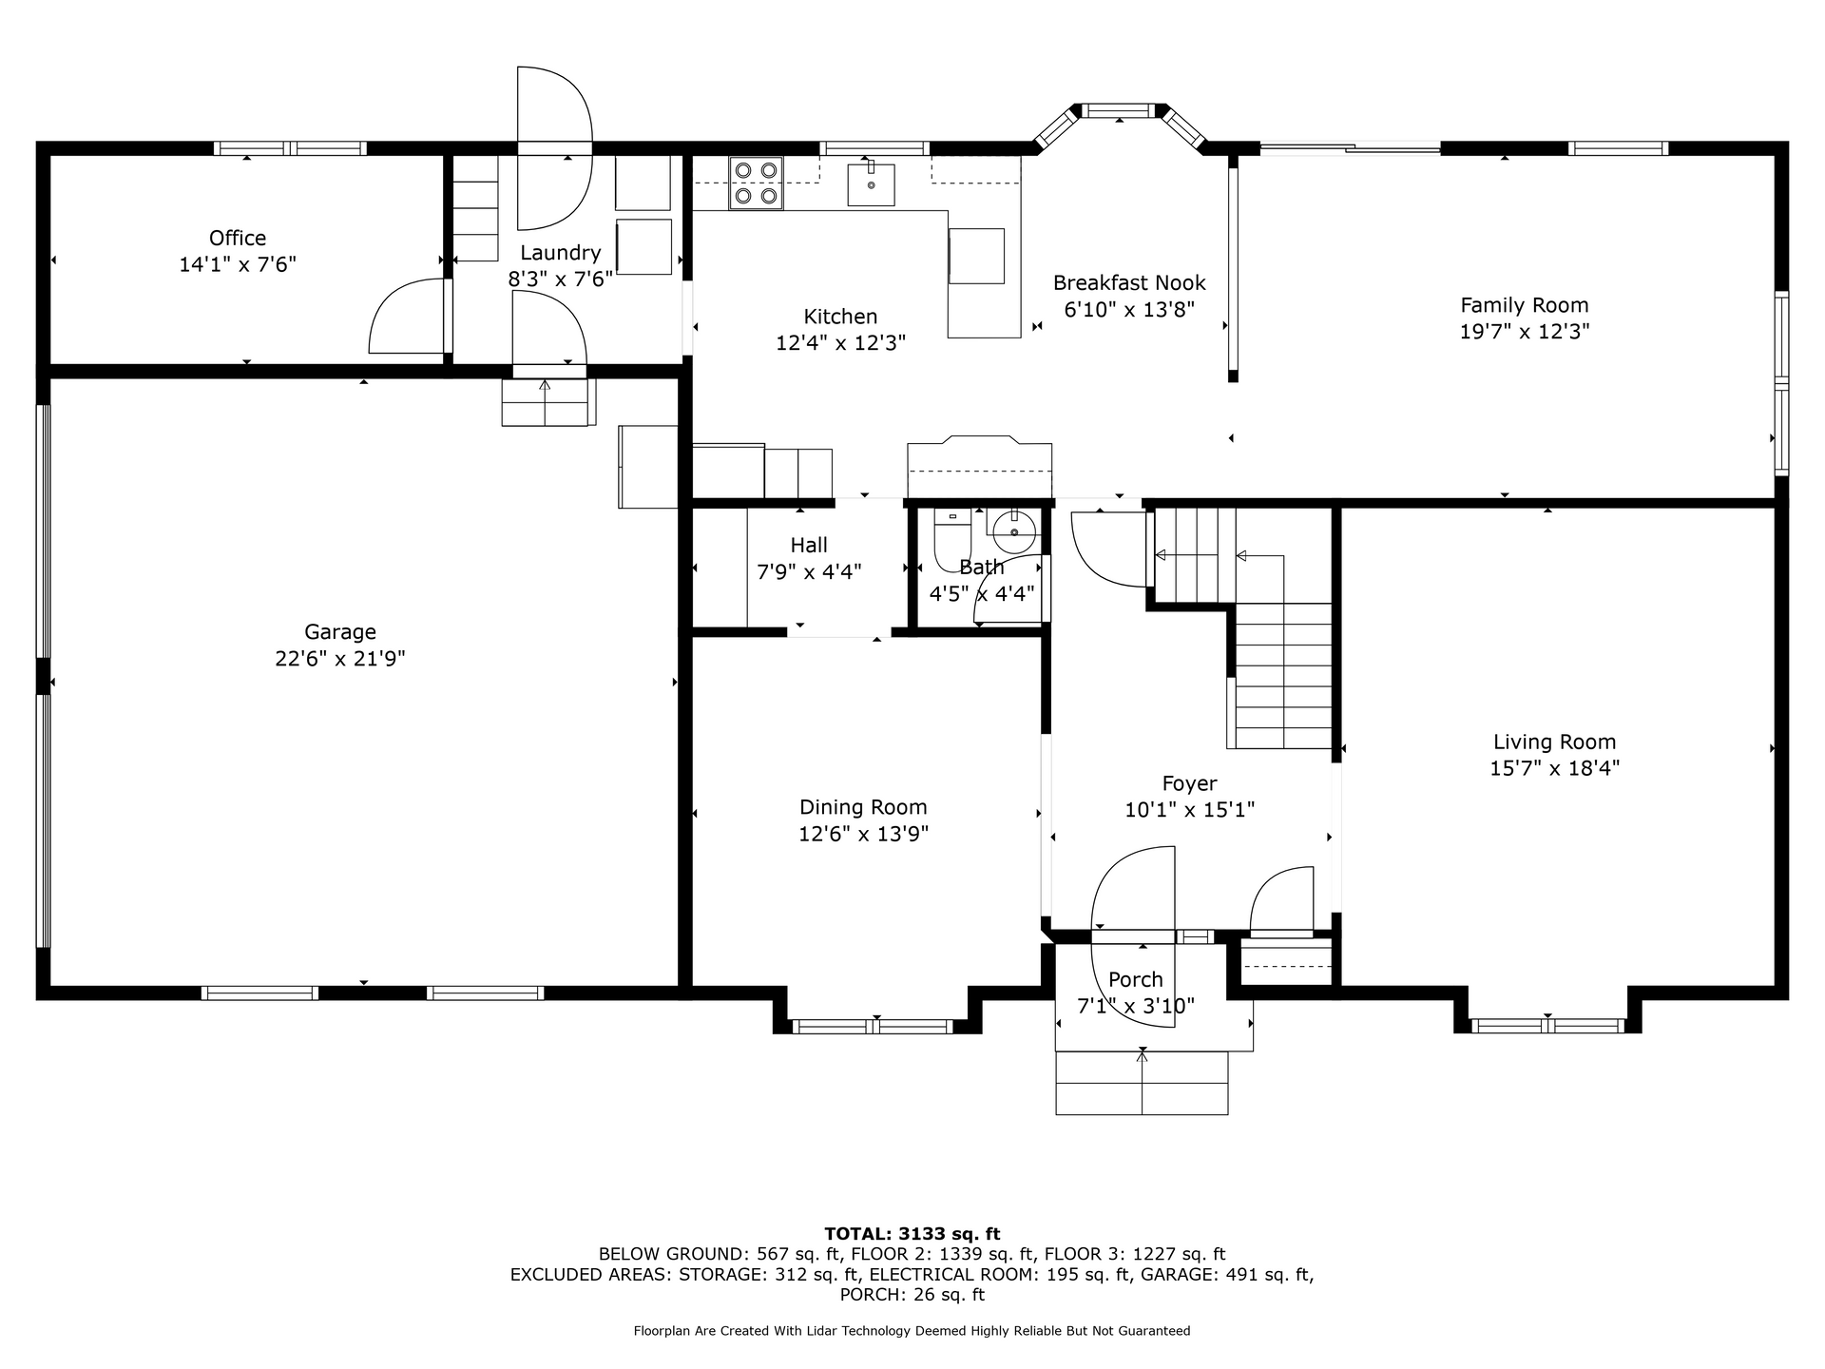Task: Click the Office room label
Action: (238, 238)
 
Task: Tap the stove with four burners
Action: (756, 183)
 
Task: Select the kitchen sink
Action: (871, 183)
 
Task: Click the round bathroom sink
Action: (1014, 530)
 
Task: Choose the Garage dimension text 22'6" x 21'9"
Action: (340, 659)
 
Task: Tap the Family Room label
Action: (1525, 305)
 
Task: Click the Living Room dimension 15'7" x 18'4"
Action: (1554, 768)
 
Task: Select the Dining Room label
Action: (863, 808)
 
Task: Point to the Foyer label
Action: (1189, 784)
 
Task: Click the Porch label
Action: (1136, 980)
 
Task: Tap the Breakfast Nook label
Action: (1129, 283)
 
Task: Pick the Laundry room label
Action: (560, 253)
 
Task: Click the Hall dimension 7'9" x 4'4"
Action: (809, 572)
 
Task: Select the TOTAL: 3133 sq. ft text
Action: (912, 1234)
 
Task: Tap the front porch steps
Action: (1142, 1083)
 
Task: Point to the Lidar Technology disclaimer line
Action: (912, 1331)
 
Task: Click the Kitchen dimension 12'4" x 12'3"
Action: (840, 343)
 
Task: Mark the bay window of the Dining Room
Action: (873, 1027)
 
